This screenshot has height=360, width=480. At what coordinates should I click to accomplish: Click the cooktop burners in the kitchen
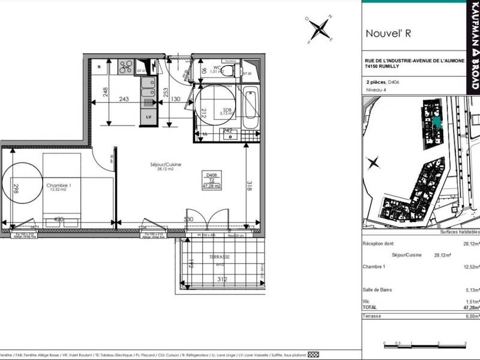(x=125, y=67)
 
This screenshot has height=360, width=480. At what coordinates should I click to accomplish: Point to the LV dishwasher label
(x=148, y=118)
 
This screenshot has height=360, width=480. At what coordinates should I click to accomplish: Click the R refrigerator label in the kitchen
(x=100, y=67)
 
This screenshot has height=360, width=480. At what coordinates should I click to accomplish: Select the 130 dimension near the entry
(x=176, y=99)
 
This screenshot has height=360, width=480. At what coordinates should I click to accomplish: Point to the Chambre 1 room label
(x=59, y=186)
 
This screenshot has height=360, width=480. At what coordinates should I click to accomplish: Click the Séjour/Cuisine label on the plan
(x=166, y=165)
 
